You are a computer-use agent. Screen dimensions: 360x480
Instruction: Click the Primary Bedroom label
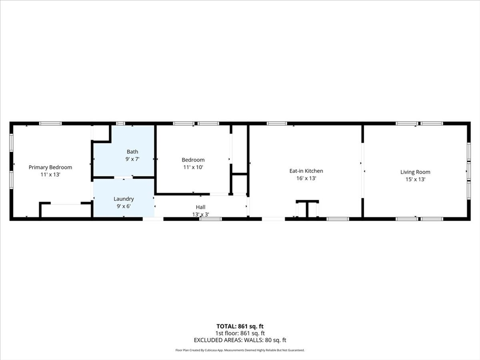coord(50,167)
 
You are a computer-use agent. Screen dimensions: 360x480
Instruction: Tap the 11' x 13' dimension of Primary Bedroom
coord(50,174)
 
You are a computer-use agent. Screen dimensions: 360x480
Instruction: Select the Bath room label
coord(132,151)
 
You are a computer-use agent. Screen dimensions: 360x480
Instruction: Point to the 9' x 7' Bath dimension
coord(132,159)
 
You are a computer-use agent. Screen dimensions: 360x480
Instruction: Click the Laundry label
coord(124,199)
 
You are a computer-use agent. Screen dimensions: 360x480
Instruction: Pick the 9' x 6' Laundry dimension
coord(124,206)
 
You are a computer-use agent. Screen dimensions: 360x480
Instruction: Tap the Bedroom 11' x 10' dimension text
coord(193,167)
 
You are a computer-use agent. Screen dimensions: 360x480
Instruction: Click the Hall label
coord(201,207)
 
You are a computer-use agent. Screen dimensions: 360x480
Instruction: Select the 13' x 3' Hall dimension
coord(201,214)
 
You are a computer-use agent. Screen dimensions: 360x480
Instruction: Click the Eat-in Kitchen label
coord(306,171)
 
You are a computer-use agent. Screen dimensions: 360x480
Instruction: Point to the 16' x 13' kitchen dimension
coord(306,178)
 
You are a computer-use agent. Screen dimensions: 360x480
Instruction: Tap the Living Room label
coord(415,172)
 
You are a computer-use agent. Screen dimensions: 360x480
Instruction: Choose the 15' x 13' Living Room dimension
coord(415,179)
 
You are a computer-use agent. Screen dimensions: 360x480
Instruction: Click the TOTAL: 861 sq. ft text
coord(240,326)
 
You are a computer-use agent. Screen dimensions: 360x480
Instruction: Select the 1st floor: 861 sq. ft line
coord(240,333)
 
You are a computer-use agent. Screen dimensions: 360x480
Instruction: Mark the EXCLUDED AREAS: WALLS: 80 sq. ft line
coord(240,340)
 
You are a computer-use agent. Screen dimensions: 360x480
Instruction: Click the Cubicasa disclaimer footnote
coord(240,350)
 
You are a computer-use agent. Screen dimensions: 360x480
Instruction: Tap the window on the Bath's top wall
coord(120,123)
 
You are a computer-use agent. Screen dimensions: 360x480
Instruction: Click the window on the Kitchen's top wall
coord(277,123)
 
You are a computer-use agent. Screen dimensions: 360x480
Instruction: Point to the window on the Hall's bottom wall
coord(210,218)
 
